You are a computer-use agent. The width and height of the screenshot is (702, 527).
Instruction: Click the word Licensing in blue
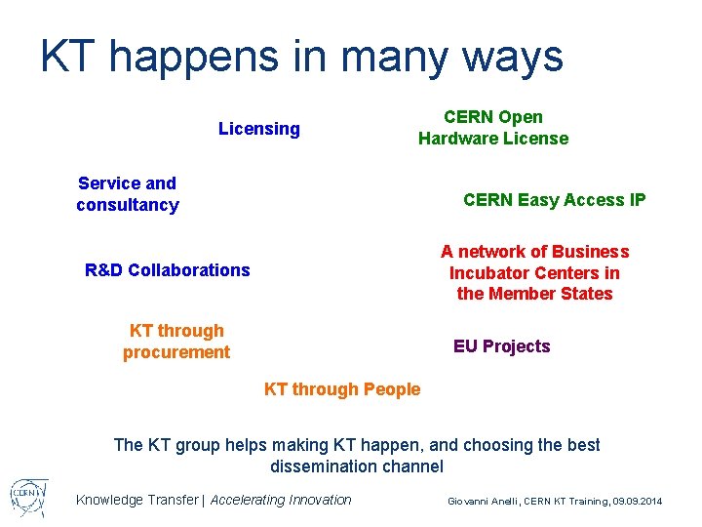click(259, 129)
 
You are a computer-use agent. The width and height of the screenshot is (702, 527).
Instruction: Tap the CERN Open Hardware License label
click(493, 128)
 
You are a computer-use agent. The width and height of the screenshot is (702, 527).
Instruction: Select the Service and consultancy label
click(128, 194)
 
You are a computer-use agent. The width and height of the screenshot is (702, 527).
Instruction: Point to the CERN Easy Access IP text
click(554, 200)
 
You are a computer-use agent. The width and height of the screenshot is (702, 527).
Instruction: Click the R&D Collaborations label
click(168, 270)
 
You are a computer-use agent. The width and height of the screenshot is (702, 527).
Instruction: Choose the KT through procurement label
click(176, 342)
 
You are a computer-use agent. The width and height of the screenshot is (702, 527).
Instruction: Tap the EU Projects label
click(501, 346)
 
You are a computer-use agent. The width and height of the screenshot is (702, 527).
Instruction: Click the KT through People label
click(342, 389)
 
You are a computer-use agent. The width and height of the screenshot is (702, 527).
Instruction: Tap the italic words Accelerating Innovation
click(281, 500)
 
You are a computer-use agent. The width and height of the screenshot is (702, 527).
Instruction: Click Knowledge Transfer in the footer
click(136, 500)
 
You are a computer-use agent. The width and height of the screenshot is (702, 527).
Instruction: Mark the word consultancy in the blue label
click(128, 205)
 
